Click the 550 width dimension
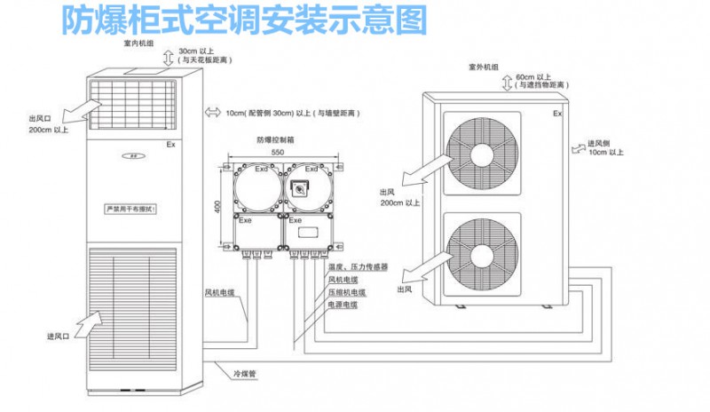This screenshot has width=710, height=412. point(277,154)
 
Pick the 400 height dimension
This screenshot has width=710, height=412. point(217,205)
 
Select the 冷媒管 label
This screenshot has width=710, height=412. point(244,375)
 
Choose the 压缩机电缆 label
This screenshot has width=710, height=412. point(347,291)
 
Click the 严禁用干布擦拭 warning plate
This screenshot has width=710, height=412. point(131,210)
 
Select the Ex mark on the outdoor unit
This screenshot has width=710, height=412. point(557,115)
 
